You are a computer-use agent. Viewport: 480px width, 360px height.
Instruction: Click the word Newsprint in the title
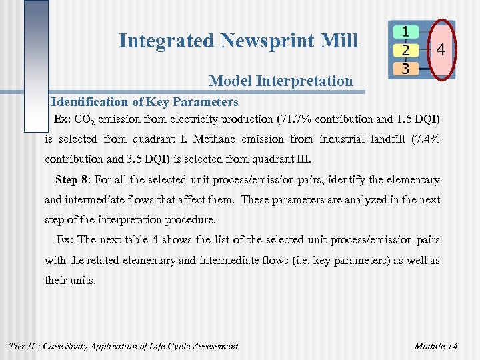click(260, 41)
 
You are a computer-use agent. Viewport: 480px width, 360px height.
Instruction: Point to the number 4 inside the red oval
click(441, 50)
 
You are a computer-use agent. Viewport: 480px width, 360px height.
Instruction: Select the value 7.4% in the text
click(425, 139)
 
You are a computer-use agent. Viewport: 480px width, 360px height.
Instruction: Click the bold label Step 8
click(73, 180)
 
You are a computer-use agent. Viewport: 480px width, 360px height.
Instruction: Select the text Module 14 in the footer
click(435, 346)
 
